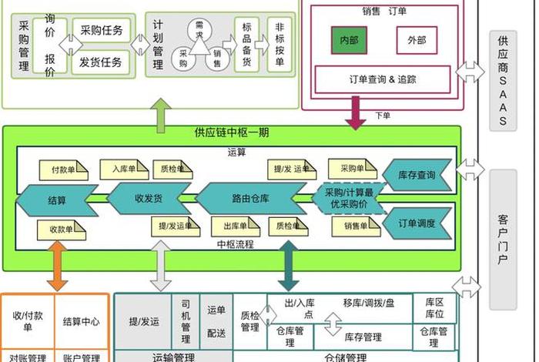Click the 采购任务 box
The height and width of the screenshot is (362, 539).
click(x=102, y=31)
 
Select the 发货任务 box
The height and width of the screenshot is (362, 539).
click(x=102, y=62)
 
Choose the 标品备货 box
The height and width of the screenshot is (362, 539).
click(x=246, y=46)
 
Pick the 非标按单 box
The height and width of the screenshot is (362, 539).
click(x=280, y=46)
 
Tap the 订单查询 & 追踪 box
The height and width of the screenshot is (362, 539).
click(x=383, y=79)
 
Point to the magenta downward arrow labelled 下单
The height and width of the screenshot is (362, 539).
click(x=356, y=113)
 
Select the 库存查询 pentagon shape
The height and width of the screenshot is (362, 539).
click(x=417, y=176)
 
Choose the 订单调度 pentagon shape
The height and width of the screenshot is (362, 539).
click(x=417, y=223)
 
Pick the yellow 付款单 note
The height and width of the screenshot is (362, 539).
click(x=63, y=169)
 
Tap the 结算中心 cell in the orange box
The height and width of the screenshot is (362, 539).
click(x=81, y=322)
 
